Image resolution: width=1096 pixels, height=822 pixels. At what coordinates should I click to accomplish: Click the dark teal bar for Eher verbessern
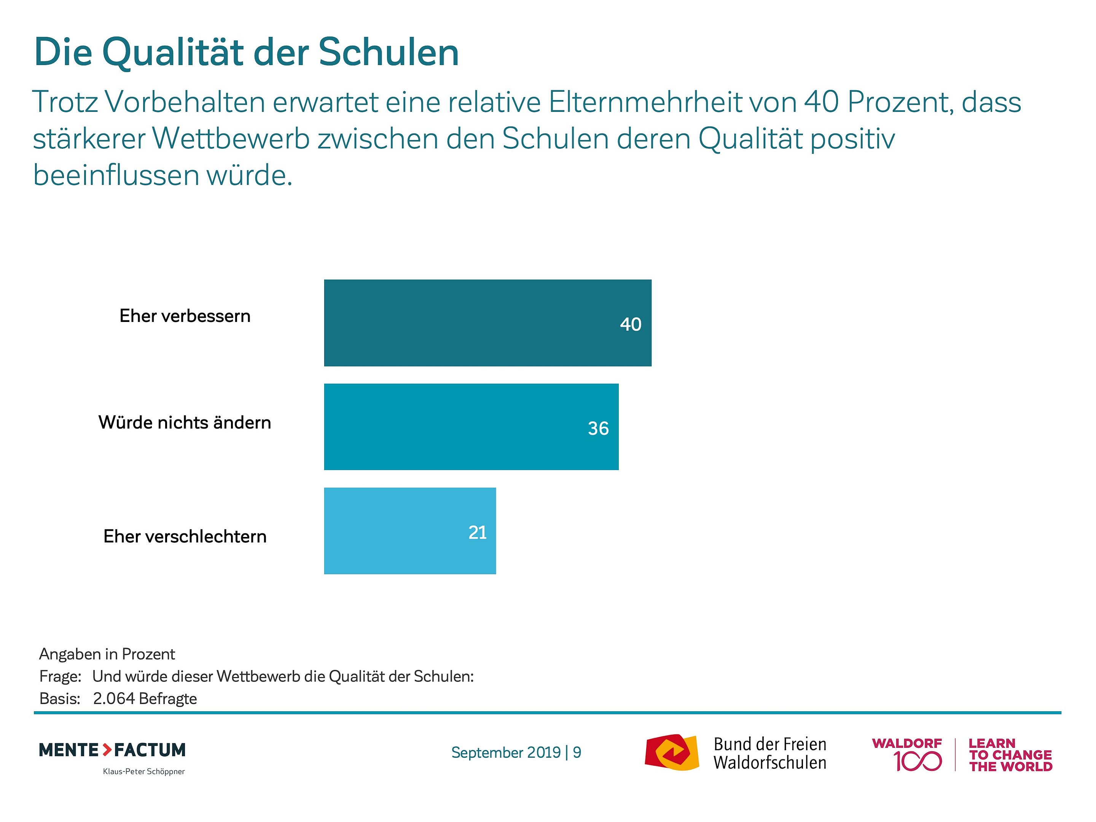(487, 323)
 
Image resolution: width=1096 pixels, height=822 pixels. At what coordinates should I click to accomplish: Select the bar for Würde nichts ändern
(471, 427)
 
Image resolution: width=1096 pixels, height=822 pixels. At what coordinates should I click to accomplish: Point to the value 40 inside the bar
(630, 324)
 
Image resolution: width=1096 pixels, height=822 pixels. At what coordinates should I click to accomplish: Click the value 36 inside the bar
(598, 428)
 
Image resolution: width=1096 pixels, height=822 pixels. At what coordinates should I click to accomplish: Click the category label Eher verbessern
(185, 315)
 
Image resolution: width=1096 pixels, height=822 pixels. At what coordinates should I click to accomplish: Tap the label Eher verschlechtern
(185, 536)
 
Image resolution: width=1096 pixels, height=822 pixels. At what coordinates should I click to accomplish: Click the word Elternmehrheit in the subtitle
(645, 102)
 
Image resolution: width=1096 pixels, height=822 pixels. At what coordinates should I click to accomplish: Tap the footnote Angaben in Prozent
(107, 654)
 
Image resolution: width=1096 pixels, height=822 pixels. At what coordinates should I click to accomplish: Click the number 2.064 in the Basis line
(114, 698)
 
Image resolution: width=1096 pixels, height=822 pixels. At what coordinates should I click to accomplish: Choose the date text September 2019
(506, 752)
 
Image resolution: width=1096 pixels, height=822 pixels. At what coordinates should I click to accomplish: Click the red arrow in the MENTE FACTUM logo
(107, 750)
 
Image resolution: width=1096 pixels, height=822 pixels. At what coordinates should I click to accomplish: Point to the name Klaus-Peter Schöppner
(144, 771)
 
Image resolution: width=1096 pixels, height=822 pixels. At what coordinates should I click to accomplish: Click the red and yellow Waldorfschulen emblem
(671, 752)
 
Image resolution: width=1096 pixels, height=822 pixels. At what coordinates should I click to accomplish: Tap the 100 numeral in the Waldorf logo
(917, 761)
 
